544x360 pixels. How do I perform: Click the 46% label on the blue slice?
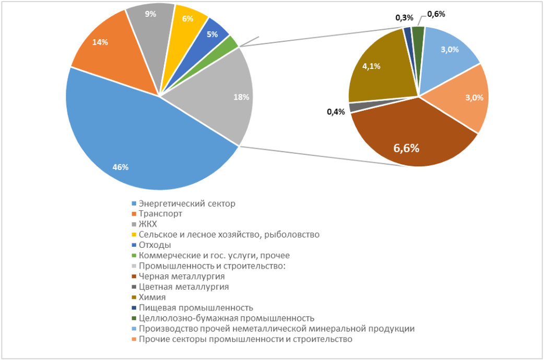pyautogui.click(x=121, y=167)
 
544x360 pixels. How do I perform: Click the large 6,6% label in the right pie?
pyautogui.click(x=406, y=148)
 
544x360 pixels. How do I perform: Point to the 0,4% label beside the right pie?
pyautogui.click(x=336, y=112)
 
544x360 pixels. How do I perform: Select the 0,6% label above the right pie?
pyautogui.click(x=436, y=14)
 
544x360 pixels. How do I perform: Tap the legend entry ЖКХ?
pyautogui.click(x=148, y=224)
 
